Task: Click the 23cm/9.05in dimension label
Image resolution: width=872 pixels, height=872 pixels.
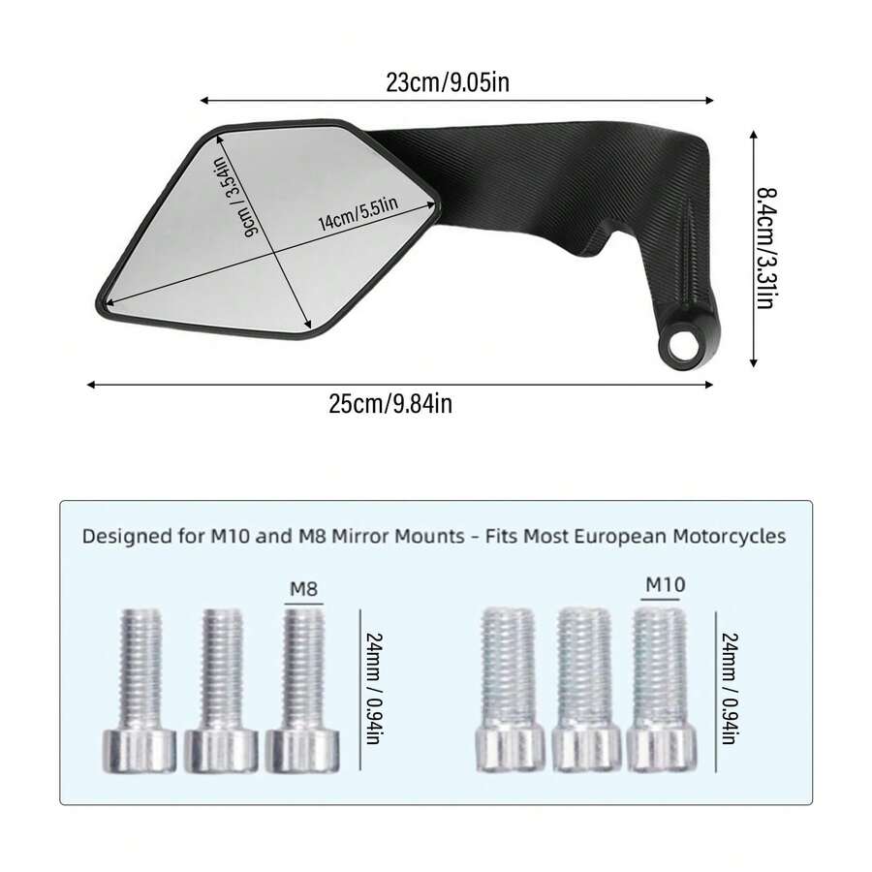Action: point(448,83)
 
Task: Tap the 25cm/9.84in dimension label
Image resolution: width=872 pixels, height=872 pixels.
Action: point(390,403)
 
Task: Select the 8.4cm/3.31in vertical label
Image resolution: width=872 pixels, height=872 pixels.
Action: point(765,248)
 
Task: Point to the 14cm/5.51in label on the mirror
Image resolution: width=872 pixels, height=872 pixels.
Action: point(358,213)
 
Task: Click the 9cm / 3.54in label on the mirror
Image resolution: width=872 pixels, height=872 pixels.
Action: point(237,197)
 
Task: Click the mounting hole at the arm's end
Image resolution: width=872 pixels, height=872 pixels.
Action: point(682,348)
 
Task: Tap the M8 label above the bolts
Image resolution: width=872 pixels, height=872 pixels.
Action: point(303,588)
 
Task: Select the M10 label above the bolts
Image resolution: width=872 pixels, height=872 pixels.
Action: point(665,584)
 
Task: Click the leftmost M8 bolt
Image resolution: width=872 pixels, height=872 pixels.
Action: point(140,690)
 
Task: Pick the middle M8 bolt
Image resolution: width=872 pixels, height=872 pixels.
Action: point(221,690)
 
